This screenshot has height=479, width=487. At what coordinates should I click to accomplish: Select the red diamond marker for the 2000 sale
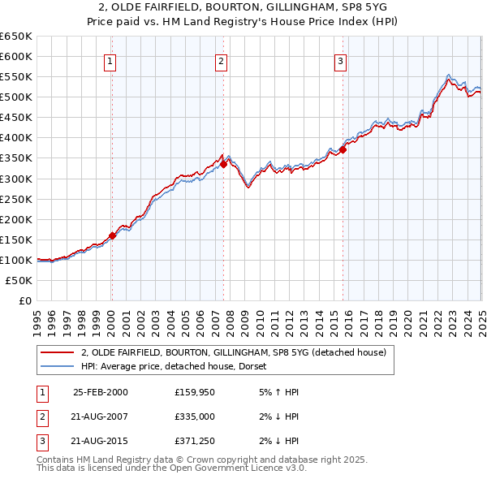pos(113,235)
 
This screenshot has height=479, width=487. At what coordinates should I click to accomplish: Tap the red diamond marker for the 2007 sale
pos(223,164)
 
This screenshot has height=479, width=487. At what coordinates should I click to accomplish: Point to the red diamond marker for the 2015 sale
pos(343,149)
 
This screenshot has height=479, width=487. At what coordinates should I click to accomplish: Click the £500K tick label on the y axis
pos(16,97)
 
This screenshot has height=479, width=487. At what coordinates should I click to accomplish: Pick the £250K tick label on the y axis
pos(16,199)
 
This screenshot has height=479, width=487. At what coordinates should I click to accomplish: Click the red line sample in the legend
pos(58,352)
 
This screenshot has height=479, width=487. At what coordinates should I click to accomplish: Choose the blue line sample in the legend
pos(58,366)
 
